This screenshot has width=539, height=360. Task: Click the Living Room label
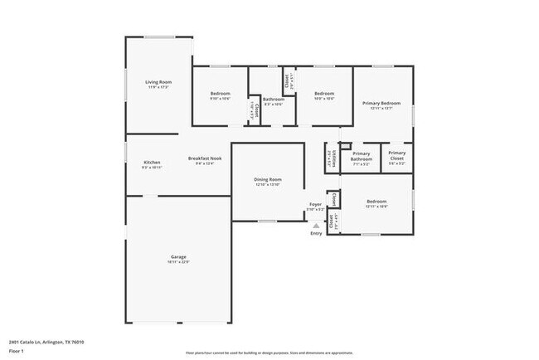pyautogui.click(x=158, y=81)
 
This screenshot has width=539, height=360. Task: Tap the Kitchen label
pyautogui.click(x=152, y=162)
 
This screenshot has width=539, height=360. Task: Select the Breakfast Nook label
pyautogui.click(x=205, y=158)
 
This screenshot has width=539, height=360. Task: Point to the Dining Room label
pyautogui.click(x=268, y=179)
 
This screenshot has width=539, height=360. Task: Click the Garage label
pyautogui.click(x=178, y=257)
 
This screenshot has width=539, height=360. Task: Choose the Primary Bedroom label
pyautogui.click(x=381, y=102)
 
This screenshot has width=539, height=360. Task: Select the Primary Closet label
pyautogui.click(x=396, y=153)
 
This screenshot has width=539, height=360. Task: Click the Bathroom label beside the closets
pyautogui.click(x=274, y=99)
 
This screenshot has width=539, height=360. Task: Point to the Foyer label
pyautogui.click(x=315, y=204)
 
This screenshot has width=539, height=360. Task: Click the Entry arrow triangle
pyautogui.click(x=316, y=225)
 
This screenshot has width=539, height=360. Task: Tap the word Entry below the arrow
pyautogui.click(x=316, y=233)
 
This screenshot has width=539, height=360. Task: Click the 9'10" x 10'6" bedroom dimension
pyautogui.click(x=220, y=100)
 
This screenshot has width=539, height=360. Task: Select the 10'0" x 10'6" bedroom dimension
pyautogui.click(x=323, y=100)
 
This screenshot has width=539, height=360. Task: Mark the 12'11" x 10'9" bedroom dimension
pyautogui.click(x=376, y=207)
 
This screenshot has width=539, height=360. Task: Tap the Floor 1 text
pyautogui.click(x=17, y=352)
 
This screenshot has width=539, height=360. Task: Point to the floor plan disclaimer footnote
pyautogui.click(x=269, y=352)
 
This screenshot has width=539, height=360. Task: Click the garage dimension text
pyautogui.click(x=178, y=262)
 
